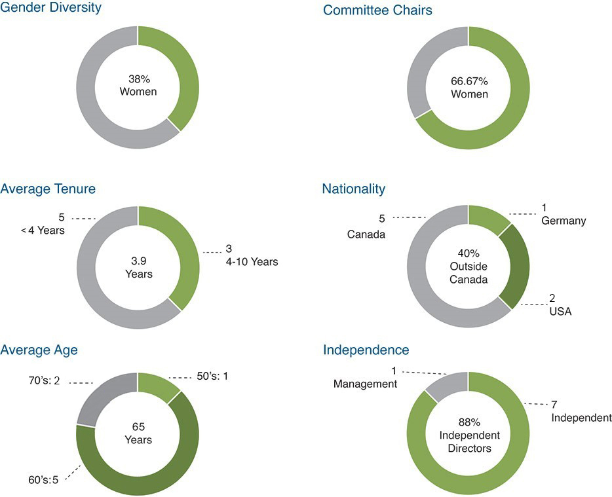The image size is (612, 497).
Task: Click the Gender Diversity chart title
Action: coord(50,9)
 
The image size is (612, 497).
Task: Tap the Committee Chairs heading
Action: coord(377,10)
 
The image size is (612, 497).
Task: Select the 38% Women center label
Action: coord(138,86)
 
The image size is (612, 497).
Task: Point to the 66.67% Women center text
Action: coord(469,88)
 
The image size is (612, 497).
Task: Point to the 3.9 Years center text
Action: coord(138,267)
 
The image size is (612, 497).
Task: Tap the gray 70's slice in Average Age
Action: coord(98,399)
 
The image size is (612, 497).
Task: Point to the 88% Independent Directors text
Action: coord(469,435)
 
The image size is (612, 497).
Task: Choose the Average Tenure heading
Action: coord(48,189)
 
